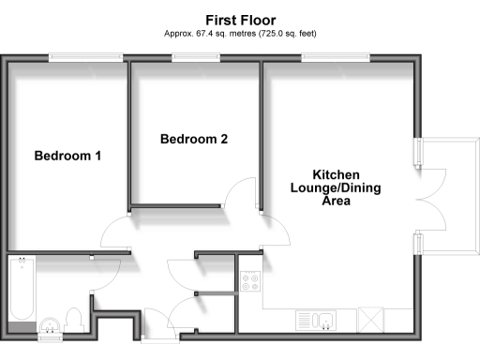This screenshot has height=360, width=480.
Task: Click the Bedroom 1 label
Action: tap(67, 156)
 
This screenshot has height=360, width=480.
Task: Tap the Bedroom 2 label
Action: tap(194, 140)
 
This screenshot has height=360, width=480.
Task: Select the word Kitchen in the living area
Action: tap(336, 175)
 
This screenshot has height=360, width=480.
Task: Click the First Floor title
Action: tap(239, 18)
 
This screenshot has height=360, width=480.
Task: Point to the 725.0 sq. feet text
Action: tap(282, 33)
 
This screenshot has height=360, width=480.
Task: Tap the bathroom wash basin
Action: tap(48, 325)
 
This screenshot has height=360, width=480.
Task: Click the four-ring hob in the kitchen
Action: tap(250, 279)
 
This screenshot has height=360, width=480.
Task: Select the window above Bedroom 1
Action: tap(86, 58)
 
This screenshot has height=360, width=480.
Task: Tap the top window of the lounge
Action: tap(335, 58)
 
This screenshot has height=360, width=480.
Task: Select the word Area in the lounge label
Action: tap(337, 201)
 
